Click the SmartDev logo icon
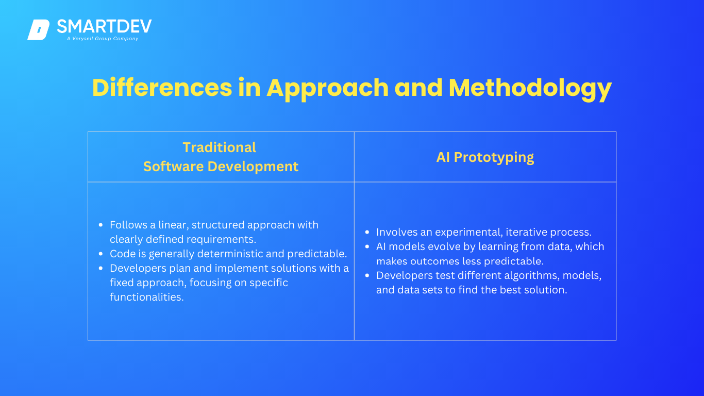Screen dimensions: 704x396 [38, 30]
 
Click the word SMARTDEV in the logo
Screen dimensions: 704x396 [104, 26]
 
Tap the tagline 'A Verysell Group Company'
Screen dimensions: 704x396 [103, 38]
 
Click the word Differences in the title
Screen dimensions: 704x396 [162, 88]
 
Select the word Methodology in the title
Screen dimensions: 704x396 [530, 89]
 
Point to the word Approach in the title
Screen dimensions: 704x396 [327, 89]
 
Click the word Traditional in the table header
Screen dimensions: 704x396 [220, 147]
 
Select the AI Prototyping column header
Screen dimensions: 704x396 [485, 157]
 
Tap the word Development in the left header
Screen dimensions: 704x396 [253, 167]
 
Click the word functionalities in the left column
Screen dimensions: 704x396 [146, 297]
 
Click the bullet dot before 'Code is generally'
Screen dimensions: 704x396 [100, 254]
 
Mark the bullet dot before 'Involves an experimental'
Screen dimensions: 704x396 [367, 232]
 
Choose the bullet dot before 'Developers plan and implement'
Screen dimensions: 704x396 [100, 268]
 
